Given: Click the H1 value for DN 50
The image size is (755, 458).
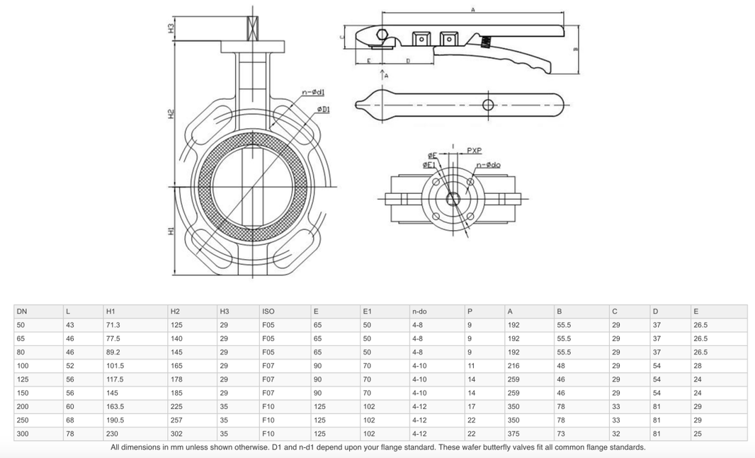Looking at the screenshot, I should (113, 325).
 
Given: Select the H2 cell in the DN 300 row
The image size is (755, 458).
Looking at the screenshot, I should (176, 434).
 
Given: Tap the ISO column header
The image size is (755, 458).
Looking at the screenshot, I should (268, 311).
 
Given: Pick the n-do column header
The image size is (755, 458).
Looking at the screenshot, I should (419, 311).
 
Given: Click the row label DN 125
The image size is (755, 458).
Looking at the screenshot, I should (23, 379).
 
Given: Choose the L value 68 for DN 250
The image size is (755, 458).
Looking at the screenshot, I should (69, 420).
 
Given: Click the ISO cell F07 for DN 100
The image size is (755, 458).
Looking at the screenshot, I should (268, 366).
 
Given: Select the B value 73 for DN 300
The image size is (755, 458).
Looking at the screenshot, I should (561, 434).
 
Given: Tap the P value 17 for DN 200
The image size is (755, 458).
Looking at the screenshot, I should (471, 407).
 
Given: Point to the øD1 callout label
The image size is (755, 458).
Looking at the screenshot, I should (322, 109).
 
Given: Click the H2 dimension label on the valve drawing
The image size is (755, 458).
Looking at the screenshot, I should (170, 113).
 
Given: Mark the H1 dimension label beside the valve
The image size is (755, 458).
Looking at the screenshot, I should (170, 231).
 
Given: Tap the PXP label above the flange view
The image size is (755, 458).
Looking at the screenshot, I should (474, 151).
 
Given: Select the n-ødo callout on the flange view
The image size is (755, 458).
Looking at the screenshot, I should (488, 165).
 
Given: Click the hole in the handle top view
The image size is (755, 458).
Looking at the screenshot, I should (488, 105).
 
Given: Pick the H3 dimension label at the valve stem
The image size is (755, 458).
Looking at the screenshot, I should (170, 29).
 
